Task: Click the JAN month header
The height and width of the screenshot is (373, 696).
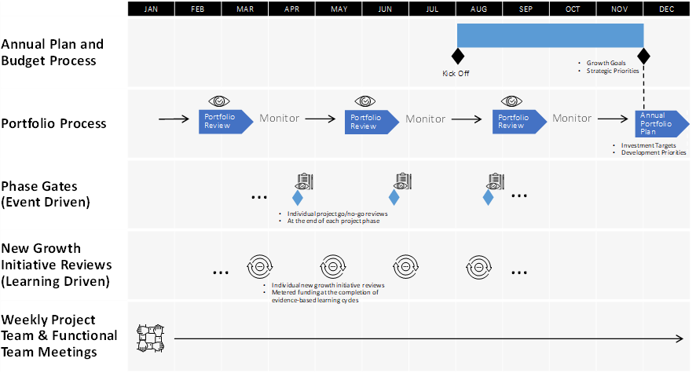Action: coord(151,9)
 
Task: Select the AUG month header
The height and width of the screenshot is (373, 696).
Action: coord(478,9)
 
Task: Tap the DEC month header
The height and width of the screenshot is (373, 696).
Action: coord(666,9)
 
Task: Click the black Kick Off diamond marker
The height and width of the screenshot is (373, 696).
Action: coord(458,57)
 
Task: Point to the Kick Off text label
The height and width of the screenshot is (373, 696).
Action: coord(456,74)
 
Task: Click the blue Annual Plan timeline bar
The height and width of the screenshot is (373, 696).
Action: coord(551,35)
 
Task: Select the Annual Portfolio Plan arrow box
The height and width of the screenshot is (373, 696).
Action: coord(661,123)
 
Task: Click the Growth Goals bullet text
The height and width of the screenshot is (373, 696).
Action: coord(606,63)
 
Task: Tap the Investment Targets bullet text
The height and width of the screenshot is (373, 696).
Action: coord(649,145)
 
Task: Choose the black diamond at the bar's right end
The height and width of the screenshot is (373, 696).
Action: coord(643,56)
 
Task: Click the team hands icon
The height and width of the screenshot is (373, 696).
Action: coord(151,338)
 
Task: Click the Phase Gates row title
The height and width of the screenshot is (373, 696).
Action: coord(46,194)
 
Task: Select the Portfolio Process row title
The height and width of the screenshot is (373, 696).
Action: coord(53,123)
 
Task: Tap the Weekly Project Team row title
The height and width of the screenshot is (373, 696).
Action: coord(59,336)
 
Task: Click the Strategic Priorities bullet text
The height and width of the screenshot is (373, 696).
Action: coord(613,71)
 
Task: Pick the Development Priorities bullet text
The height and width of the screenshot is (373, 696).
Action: coord(654,152)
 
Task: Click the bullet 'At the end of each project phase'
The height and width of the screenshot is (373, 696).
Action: coord(333,221)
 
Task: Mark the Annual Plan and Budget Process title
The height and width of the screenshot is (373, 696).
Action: coord(53,53)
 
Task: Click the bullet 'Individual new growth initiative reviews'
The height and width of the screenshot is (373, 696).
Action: coord(328,285)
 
